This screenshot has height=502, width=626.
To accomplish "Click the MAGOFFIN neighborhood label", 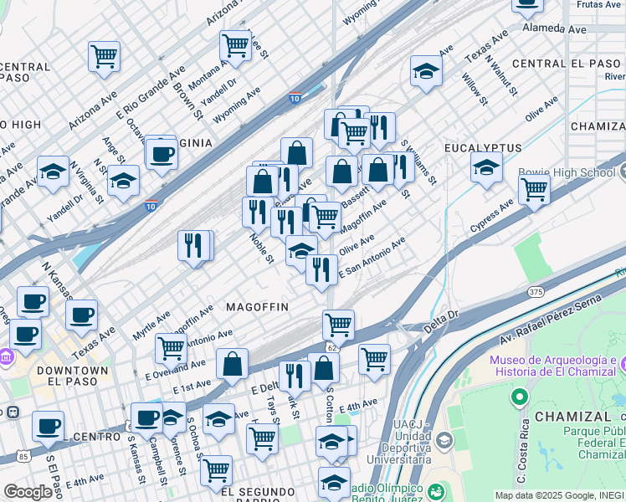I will pyautogui.click(x=257, y=307).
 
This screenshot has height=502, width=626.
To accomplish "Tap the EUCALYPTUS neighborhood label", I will pyautogui.click(x=483, y=148).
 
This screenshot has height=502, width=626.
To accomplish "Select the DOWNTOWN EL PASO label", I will pyautogui.click(x=79, y=376).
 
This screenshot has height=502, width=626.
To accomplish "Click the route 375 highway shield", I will pyautogui.click(x=536, y=291).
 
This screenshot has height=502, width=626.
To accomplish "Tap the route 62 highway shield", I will pyautogui.click(x=331, y=346).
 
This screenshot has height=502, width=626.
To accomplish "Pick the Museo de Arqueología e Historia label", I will pyautogui.click(x=554, y=366).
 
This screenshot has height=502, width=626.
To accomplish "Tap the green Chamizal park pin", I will pyautogui.click(x=520, y=395).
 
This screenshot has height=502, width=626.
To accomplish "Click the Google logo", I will pyautogui.click(x=28, y=492).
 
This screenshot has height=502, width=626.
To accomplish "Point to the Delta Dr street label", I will pyautogui.click(x=442, y=320).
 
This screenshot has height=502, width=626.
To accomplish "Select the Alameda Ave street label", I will pyautogui.click(x=554, y=28).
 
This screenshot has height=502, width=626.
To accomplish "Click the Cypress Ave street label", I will pyautogui.click(x=491, y=215).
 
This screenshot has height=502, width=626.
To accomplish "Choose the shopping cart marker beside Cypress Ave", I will pyautogui.click(x=534, y=189).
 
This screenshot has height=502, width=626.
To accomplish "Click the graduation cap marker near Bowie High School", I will pyautogui.click(x=486, y=166).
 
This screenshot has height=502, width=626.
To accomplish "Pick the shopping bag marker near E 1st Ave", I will pyautogui.click(x=232, y=364).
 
